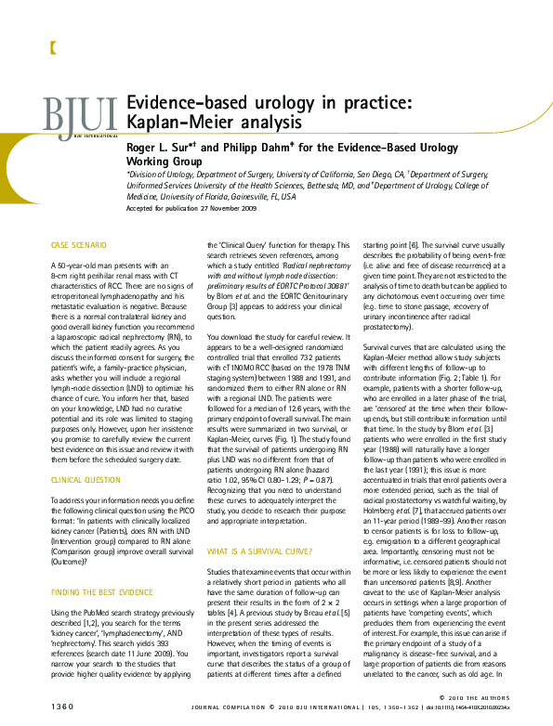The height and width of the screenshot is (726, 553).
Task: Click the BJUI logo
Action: (80, 116)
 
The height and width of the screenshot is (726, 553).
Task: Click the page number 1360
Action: (63, 708)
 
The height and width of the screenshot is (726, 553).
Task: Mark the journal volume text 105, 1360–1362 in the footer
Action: (415, 708)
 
